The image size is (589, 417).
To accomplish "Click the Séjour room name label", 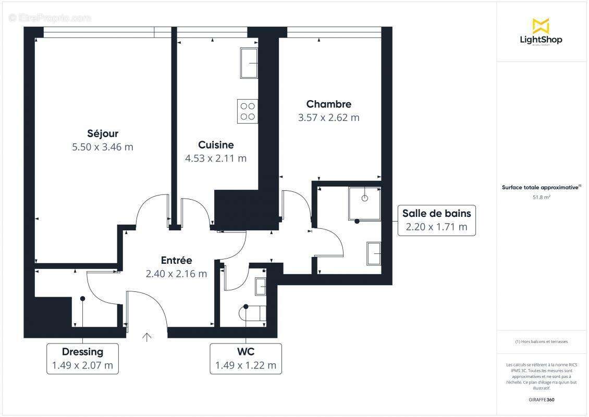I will pos(103,133).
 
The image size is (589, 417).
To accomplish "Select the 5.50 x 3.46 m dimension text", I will pos(103,147).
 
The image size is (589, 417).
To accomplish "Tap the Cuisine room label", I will pos(216,145).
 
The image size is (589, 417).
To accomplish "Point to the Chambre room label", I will pos(328,104).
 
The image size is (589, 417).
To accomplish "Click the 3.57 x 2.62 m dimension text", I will pos(328,118).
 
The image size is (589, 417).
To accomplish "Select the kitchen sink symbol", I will pos(249,63).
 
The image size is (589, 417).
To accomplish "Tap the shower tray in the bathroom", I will pos(364,203).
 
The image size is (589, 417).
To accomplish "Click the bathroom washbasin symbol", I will pos(374,253).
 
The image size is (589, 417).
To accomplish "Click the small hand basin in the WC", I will pos(260,287).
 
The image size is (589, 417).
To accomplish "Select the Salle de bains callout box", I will pos(436,220).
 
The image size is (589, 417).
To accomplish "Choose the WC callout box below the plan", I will pos(246,359).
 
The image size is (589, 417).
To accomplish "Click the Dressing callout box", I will pos(82,359).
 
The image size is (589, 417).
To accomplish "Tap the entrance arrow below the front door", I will pos(147,337).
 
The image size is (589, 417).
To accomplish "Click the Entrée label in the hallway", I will pos(176,260).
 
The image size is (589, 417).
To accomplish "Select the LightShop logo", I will pos(541,32).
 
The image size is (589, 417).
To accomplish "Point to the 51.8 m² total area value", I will pos(542,198).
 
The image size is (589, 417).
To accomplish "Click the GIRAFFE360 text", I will pos(542,400).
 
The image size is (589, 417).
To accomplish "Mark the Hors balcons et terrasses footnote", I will pos(542,342).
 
